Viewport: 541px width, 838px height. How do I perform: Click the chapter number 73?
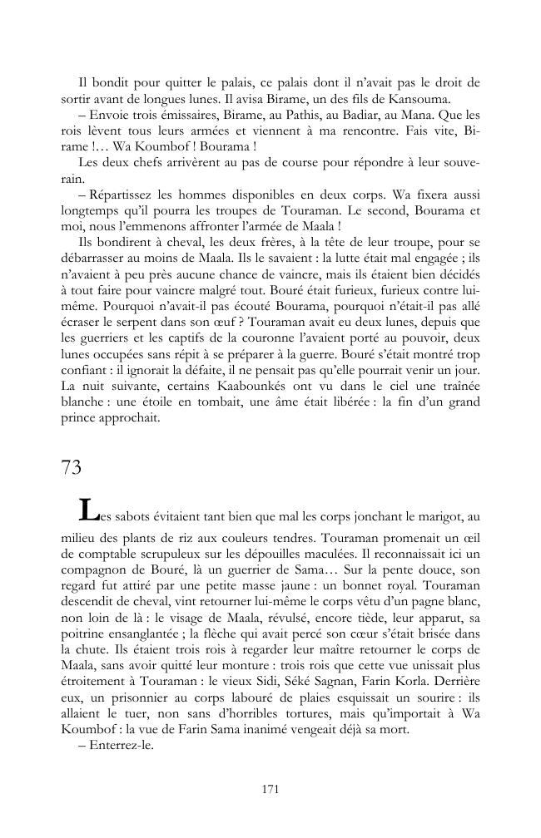tap(71, 467)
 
